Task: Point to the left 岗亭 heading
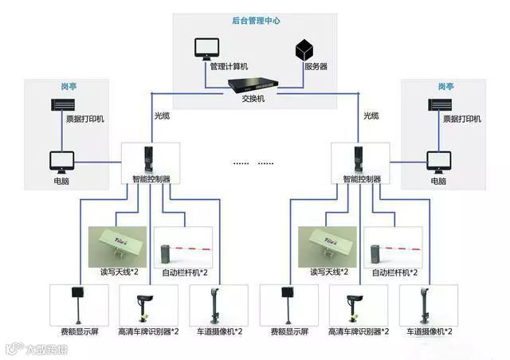[x=67, y=86]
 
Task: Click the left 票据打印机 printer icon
[x=66, y=105]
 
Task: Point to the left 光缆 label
[x=162, y=115]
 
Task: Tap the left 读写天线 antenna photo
[x=117, y=245]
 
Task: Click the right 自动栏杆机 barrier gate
[x=393, y=248]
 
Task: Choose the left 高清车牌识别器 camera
[x=145, y=305]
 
